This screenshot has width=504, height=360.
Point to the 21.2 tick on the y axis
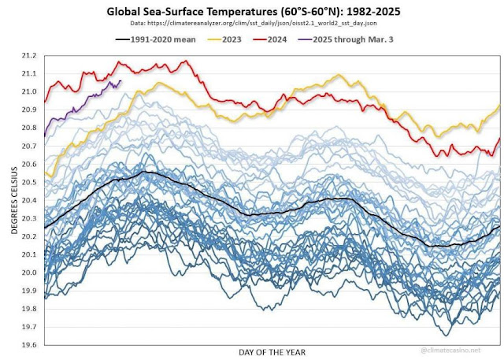30,56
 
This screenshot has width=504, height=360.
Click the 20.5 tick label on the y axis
30,183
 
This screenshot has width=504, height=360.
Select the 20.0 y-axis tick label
30,273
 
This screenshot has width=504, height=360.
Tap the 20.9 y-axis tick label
30,110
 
